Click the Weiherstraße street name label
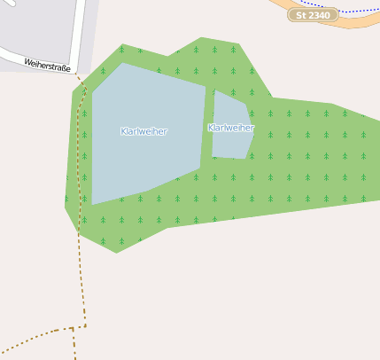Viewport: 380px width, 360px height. (47, 65)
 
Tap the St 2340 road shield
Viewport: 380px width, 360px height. (314, 15)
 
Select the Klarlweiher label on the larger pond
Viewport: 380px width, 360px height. (143, 131)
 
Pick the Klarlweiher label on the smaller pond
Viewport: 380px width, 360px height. (231, 128)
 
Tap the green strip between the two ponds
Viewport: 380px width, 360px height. (209, 124)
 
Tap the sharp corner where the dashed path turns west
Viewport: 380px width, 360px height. (85, 326)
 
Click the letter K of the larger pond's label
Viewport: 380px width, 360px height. (123, 131)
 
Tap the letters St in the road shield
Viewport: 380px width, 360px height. (301, 15)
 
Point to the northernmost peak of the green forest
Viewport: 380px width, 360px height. (202, 38)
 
